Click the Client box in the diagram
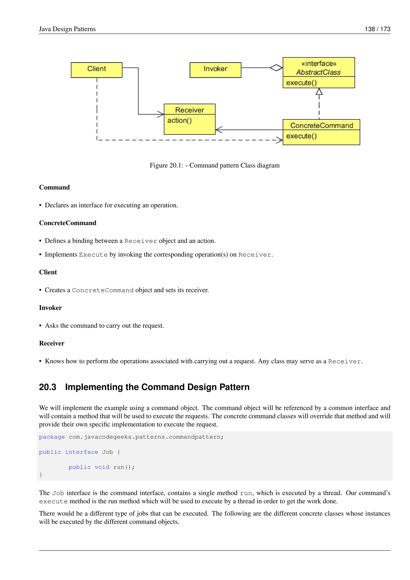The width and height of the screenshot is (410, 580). pyautogui.click(x=96, y=70)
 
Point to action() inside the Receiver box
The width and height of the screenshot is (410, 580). pyautogui.click(x=180, y=121)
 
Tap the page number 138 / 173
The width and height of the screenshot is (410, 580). pyautogui.click(x=377, y=29)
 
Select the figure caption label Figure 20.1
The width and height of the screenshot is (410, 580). pyautogui.click(x=166, y=165)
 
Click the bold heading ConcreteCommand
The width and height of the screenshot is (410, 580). pyautogui.click(x=68, y=223)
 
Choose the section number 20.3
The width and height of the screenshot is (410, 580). pyautogui.click(x=47, y=387)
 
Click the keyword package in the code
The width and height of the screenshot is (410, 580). pyautogui.click(x=52, y=437)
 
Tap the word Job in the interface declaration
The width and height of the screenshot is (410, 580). pyautogui.click(x=107, y=452)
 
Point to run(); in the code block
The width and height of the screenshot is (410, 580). pyautogui.click(x=124, y=467)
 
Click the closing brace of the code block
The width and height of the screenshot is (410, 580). pyautogui.click(x=41, y=475)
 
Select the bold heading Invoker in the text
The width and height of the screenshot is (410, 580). pyautogui.click(x=50, y=308)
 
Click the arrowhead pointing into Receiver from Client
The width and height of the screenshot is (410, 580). pyautogui.click(x=161, y=114)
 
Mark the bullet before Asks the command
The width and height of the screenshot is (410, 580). pyautogui.click(x=40, y=326)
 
